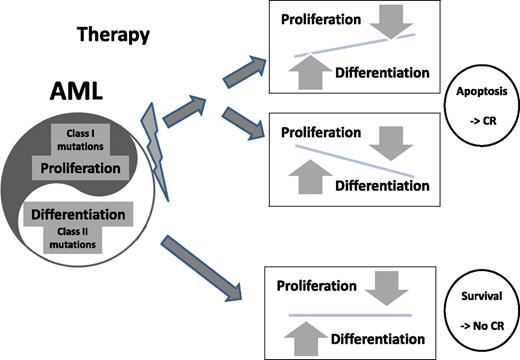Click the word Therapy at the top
click(x=113, y=35)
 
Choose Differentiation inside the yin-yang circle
click(x=78, y=213)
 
